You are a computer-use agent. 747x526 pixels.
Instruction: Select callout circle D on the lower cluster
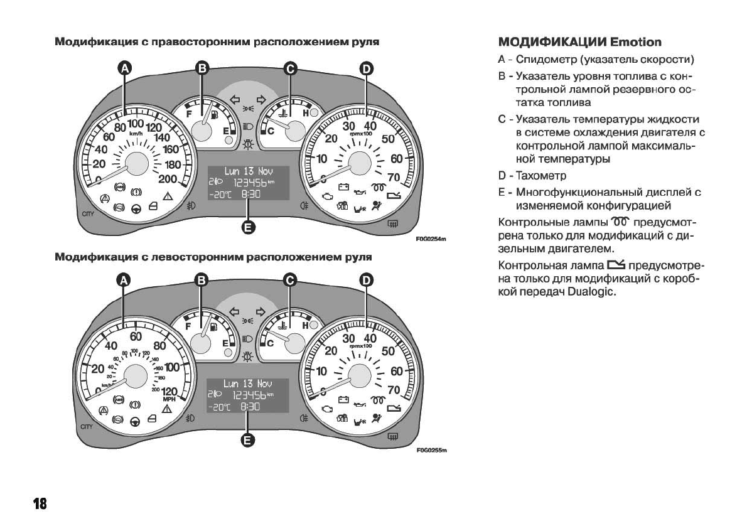coord(366,281)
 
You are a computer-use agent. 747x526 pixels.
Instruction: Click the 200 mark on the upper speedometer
coord(168,179)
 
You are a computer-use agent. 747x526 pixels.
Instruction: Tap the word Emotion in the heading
coord(636,43)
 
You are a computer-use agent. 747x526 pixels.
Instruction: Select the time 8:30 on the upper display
coord(250,195)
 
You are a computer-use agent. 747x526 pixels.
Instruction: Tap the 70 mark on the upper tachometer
coord(394,178)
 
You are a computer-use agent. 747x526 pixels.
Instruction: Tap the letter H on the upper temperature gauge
coord(306,113)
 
